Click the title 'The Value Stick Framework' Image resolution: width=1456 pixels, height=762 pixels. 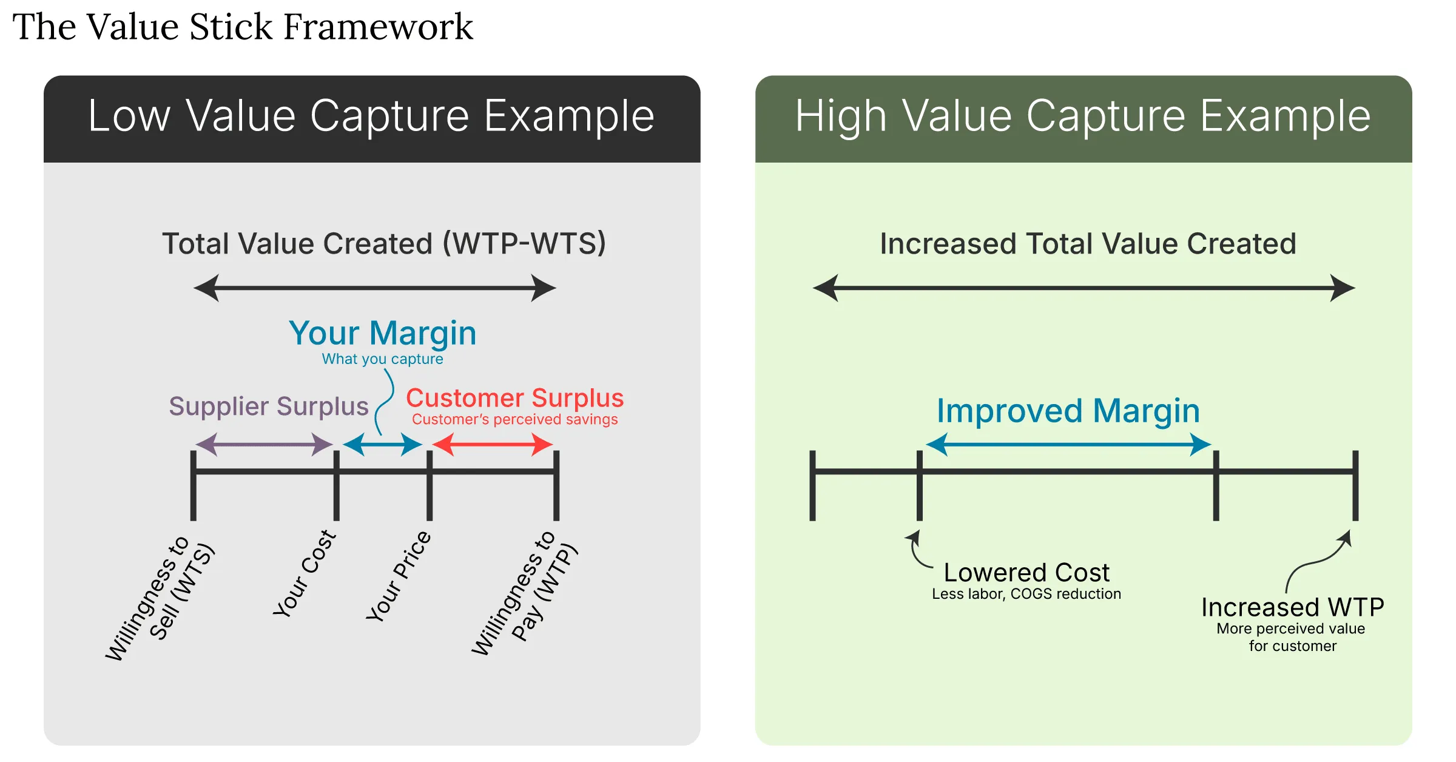[243, 27]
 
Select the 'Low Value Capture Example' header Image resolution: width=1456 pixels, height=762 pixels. [371, 116]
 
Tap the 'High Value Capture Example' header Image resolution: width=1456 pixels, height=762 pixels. [1083, 116]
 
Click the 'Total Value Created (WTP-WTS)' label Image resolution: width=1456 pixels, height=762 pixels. [384, 244]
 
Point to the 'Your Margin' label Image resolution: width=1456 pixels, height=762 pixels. [383, 333]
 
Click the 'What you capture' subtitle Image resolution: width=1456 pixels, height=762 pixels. [382, 359]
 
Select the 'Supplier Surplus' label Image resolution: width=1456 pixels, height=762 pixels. [269, 406]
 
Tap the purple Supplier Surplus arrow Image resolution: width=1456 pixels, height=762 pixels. [264, 444]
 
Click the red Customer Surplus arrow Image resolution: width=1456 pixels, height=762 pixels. [492, 444]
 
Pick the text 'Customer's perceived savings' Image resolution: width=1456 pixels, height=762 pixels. [514, 419]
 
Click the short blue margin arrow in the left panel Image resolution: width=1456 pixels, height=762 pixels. [383, 444]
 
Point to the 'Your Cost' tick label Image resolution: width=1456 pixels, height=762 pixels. [305, 573]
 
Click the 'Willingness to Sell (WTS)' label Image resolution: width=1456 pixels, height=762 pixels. [160, 598]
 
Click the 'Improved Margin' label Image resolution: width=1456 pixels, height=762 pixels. [1068, 411]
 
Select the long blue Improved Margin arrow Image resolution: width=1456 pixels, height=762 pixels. [1068, 444]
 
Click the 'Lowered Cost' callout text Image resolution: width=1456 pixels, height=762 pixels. [1026, 573]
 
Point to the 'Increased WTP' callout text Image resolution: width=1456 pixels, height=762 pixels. [1292, 607]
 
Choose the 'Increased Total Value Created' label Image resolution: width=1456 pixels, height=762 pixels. [1088, 244]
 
